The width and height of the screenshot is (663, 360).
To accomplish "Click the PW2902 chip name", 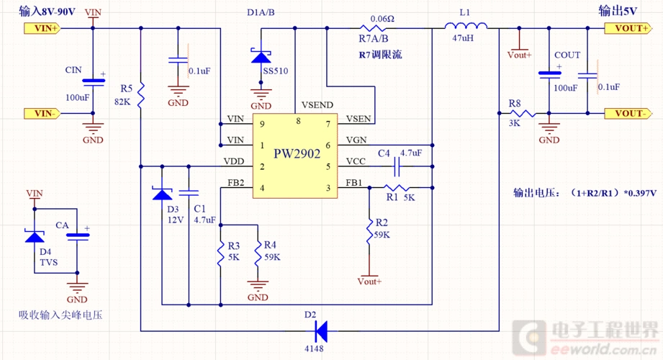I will point(297,153).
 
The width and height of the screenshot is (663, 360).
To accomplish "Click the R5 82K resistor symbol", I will point(141,92).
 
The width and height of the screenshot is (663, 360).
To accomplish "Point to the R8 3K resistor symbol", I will point(521,113).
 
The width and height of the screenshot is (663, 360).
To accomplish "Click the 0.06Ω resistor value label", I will point(381,19).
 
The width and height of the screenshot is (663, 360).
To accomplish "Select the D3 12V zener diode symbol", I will point(162,193).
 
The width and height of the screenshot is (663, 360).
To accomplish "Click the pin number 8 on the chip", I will point(298,121).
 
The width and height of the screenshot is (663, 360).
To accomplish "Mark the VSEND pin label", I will point(317,105).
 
